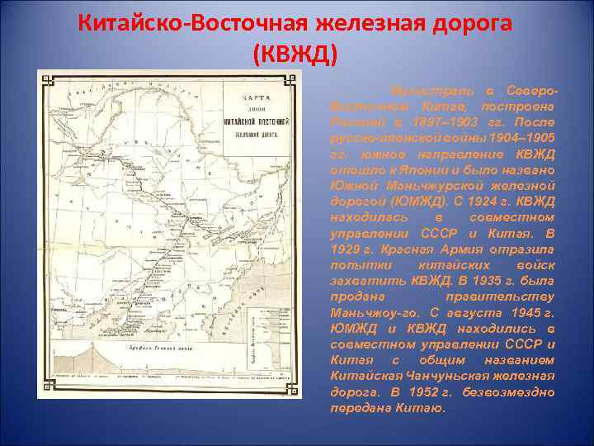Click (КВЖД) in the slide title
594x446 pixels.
pos(295,54)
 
